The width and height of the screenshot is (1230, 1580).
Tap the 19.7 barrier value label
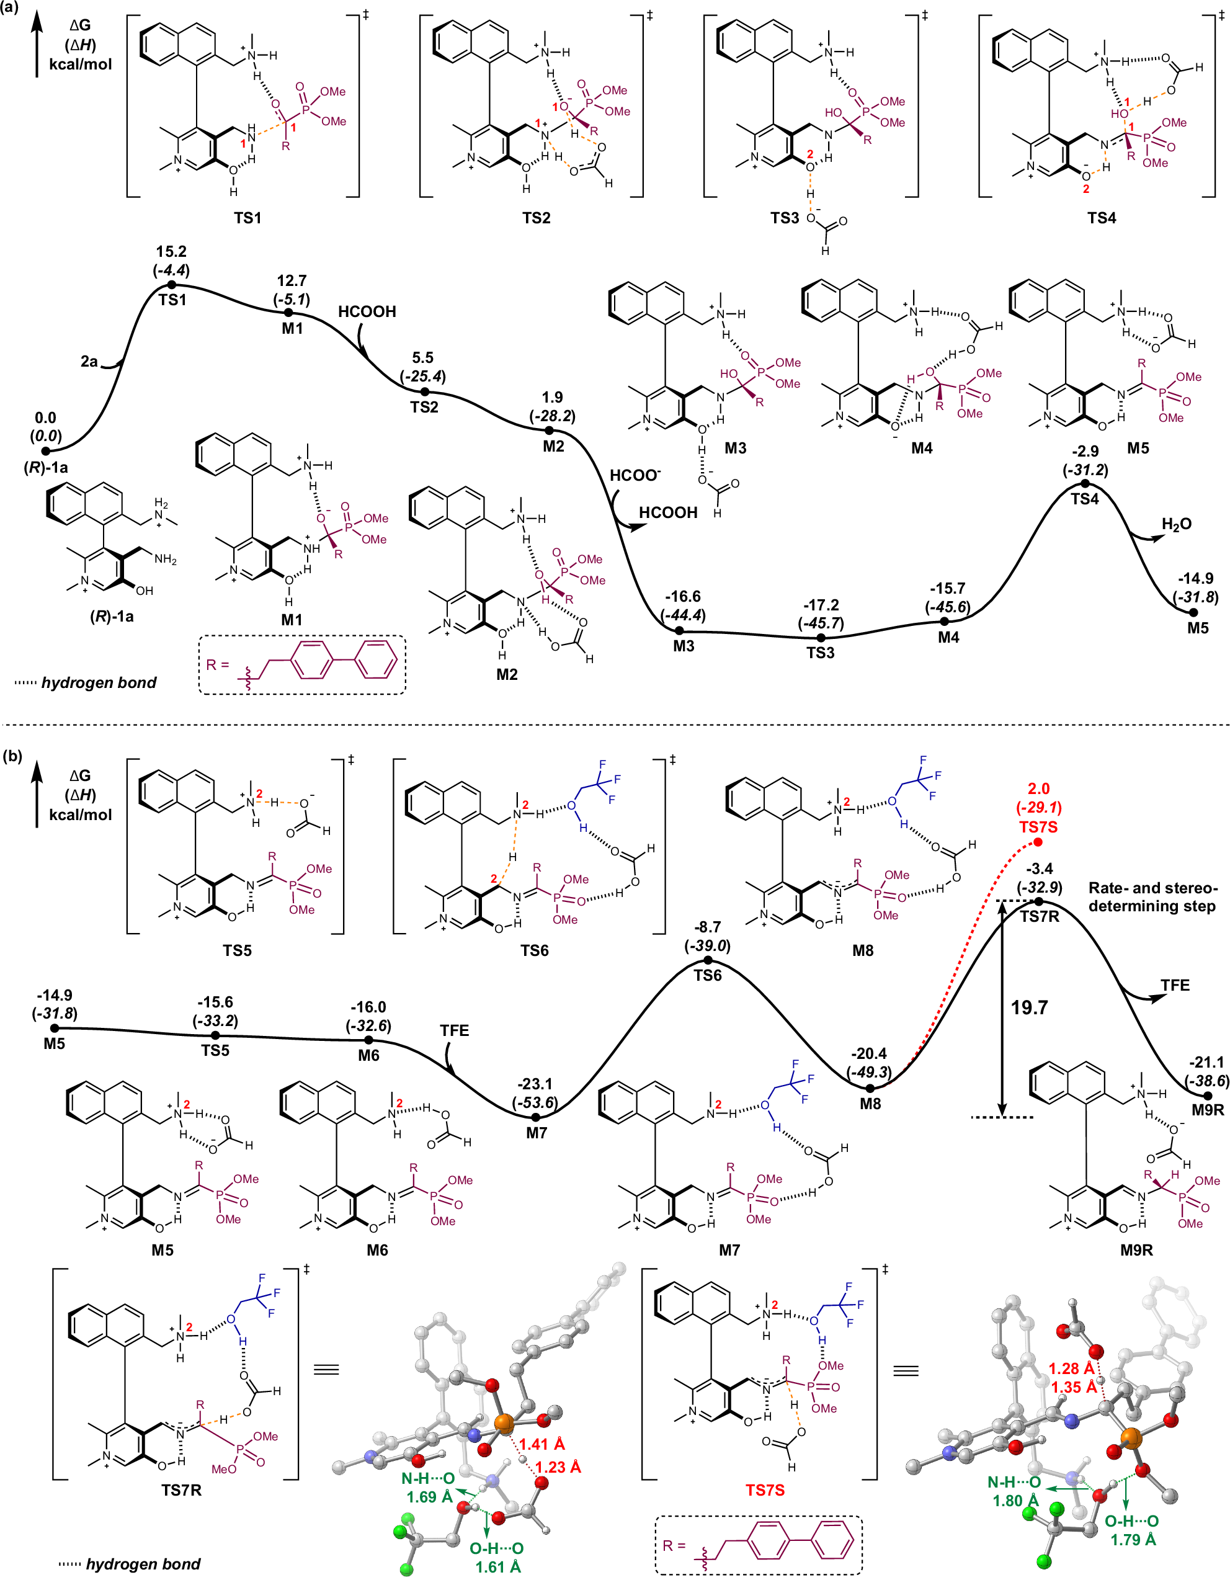(1029, 1008)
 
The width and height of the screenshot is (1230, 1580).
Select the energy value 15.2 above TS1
(171, 252)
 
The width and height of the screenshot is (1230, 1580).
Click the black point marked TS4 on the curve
(1085, 483)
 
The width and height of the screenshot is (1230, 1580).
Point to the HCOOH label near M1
(367, 312)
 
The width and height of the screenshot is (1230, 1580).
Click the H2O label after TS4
(1176, 524)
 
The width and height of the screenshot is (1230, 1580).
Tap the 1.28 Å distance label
(1072, 1368)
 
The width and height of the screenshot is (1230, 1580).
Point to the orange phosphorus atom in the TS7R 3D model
(504, 1424)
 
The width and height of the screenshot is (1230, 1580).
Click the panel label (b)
(12, 756)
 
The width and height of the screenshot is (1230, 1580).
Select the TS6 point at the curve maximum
(708, 960)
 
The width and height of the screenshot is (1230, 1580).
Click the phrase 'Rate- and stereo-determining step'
(1152, 897)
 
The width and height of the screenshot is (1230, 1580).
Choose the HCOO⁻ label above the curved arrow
(635, 475)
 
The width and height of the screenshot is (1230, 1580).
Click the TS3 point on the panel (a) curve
(821, 638)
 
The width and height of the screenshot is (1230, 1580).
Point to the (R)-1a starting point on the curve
(45, 452)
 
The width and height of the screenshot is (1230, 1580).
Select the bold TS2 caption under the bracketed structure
(536, 218)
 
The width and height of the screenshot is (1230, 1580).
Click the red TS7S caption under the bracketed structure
(765, 1489)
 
